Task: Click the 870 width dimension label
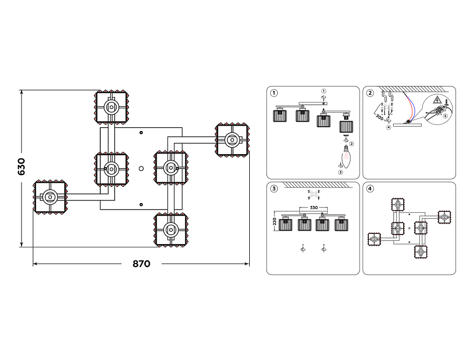click(x=141, y=264)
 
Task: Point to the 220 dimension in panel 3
click(x=275, y=221)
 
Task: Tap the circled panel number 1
click(x=275, y=93)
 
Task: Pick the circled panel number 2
click(x=370, y=93)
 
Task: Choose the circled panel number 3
click(x=275, y=189)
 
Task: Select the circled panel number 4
click(x=370, y=189)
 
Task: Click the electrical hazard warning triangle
click(x=437, y=100)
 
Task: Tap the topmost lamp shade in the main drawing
click(x=111, y=107)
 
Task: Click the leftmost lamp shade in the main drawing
click(x=50, y=197)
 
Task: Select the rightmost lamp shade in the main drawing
click(x=232, y=140)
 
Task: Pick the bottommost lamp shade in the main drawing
click(x=171, y=230)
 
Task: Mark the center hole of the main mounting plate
click(x=141, y=169)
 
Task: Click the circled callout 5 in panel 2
click(x=445, y=115)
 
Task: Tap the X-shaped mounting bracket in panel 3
click(x=313, y=195)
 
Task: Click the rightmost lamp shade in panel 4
click(x=444, y=217)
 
